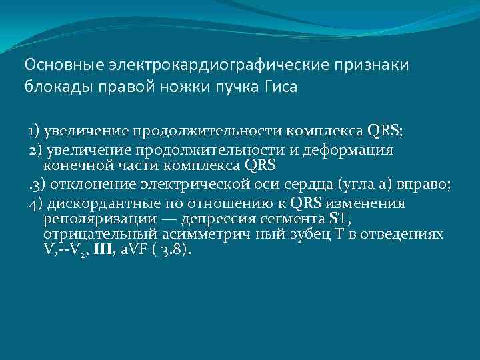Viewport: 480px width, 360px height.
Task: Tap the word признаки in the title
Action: (x=371, y=65)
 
